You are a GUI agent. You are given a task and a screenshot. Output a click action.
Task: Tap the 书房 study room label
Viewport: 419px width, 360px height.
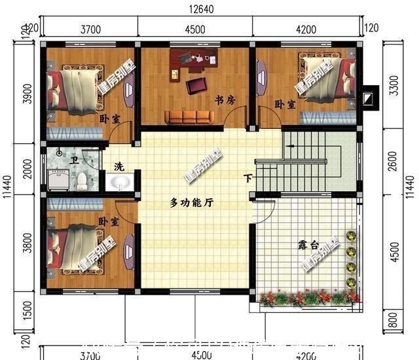(225, 100)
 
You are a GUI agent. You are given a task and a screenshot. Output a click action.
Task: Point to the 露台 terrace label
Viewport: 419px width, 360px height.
(308, 245)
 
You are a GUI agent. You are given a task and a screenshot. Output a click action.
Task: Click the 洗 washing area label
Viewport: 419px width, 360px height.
(118, 166)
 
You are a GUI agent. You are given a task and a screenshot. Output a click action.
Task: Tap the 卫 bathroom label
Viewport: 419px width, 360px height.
(75, 159)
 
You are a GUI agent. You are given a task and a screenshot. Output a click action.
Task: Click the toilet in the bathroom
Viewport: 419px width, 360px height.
(82, 179)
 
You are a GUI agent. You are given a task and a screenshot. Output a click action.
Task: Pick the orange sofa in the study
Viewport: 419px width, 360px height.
(189, 117)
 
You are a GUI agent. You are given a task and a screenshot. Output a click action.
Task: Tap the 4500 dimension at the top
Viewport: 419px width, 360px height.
(195, 29)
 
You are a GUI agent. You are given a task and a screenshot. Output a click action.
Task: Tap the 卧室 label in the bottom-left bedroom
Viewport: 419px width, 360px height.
(109, 223)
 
